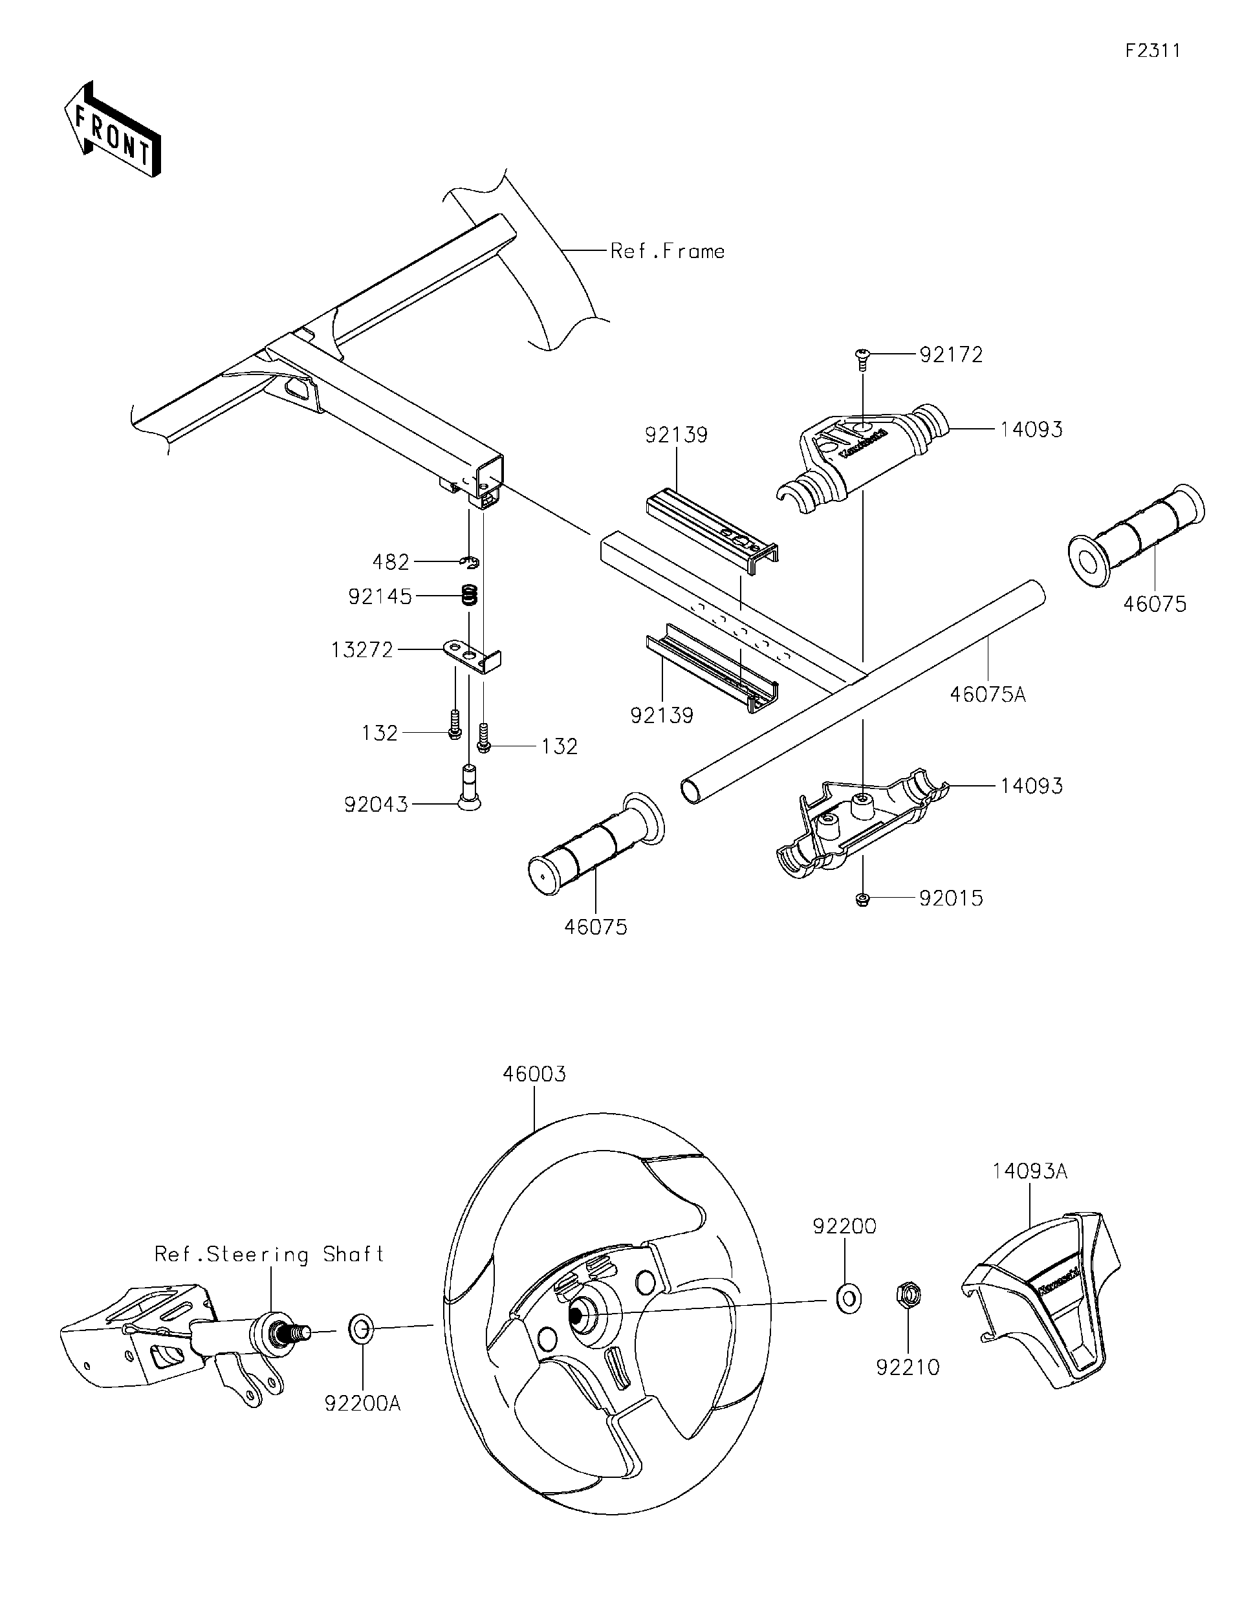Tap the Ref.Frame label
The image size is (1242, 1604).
(667, 252)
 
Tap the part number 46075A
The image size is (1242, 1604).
(986, 694)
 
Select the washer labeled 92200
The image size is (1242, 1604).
(848, 1299)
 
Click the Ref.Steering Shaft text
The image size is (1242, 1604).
(269, 1253)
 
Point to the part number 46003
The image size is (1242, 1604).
(534, 1074)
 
